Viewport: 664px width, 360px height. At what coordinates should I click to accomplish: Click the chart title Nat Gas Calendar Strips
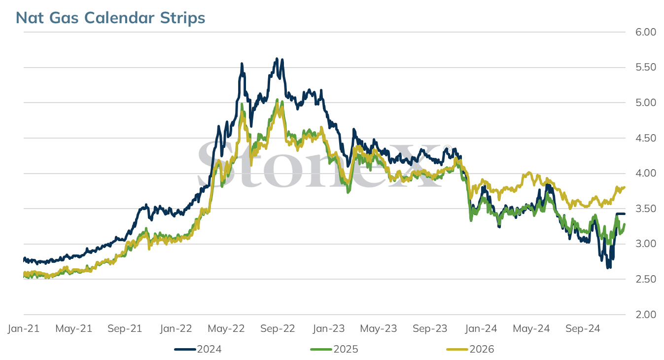110,17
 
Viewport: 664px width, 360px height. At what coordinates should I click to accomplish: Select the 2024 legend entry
198,349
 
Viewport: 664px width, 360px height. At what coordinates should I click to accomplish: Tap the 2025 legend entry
334,349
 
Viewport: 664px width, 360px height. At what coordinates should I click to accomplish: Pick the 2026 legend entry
470,349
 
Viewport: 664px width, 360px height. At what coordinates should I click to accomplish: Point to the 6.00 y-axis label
646,32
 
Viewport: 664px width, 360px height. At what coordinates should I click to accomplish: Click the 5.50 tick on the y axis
646,67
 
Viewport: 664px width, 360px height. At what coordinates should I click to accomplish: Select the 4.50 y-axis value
646,138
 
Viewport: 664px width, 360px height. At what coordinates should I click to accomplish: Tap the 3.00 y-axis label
646,244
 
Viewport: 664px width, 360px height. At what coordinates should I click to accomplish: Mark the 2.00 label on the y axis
646,314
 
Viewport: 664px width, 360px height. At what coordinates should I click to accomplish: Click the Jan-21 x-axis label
24,328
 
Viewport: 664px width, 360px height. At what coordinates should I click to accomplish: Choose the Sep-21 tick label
125,328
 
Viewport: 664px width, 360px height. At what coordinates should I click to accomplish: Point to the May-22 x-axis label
226,328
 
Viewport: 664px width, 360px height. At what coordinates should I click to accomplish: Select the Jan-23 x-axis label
329,328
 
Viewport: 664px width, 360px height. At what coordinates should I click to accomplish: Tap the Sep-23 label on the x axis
430,328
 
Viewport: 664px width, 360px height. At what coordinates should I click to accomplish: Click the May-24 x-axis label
531,328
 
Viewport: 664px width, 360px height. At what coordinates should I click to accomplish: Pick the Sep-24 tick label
583,328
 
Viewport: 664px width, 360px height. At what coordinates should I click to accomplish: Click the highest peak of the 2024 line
277,59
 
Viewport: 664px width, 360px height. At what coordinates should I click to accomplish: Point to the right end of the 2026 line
624,187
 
